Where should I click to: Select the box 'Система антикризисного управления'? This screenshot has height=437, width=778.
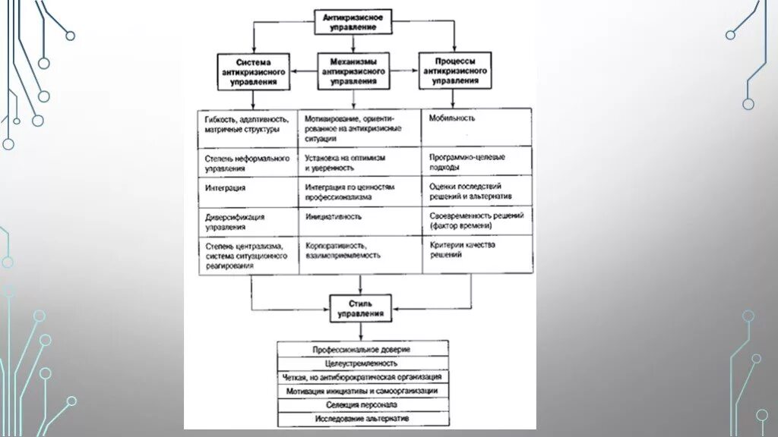253,71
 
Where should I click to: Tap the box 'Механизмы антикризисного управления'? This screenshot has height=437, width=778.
352,71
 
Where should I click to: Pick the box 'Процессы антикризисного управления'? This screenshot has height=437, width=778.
455,70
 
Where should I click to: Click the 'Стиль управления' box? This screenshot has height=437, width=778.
360,307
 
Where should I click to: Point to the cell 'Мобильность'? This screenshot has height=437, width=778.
476,126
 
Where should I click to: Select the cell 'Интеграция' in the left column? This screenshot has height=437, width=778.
247,192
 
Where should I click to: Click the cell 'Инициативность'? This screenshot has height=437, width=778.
359,222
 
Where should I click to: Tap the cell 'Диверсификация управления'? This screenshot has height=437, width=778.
247,222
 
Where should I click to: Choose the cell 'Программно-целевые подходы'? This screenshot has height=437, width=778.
476,162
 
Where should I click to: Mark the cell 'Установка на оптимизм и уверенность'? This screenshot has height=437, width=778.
359,162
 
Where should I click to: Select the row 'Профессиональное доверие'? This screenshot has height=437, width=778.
362,349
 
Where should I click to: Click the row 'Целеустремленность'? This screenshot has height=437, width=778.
362,363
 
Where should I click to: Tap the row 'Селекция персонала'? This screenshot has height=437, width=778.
362,404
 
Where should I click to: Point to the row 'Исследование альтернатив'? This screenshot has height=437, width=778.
362,418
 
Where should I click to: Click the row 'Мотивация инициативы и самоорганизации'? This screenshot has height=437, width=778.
362,391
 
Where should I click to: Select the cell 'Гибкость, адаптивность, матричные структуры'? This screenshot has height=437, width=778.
247,126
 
